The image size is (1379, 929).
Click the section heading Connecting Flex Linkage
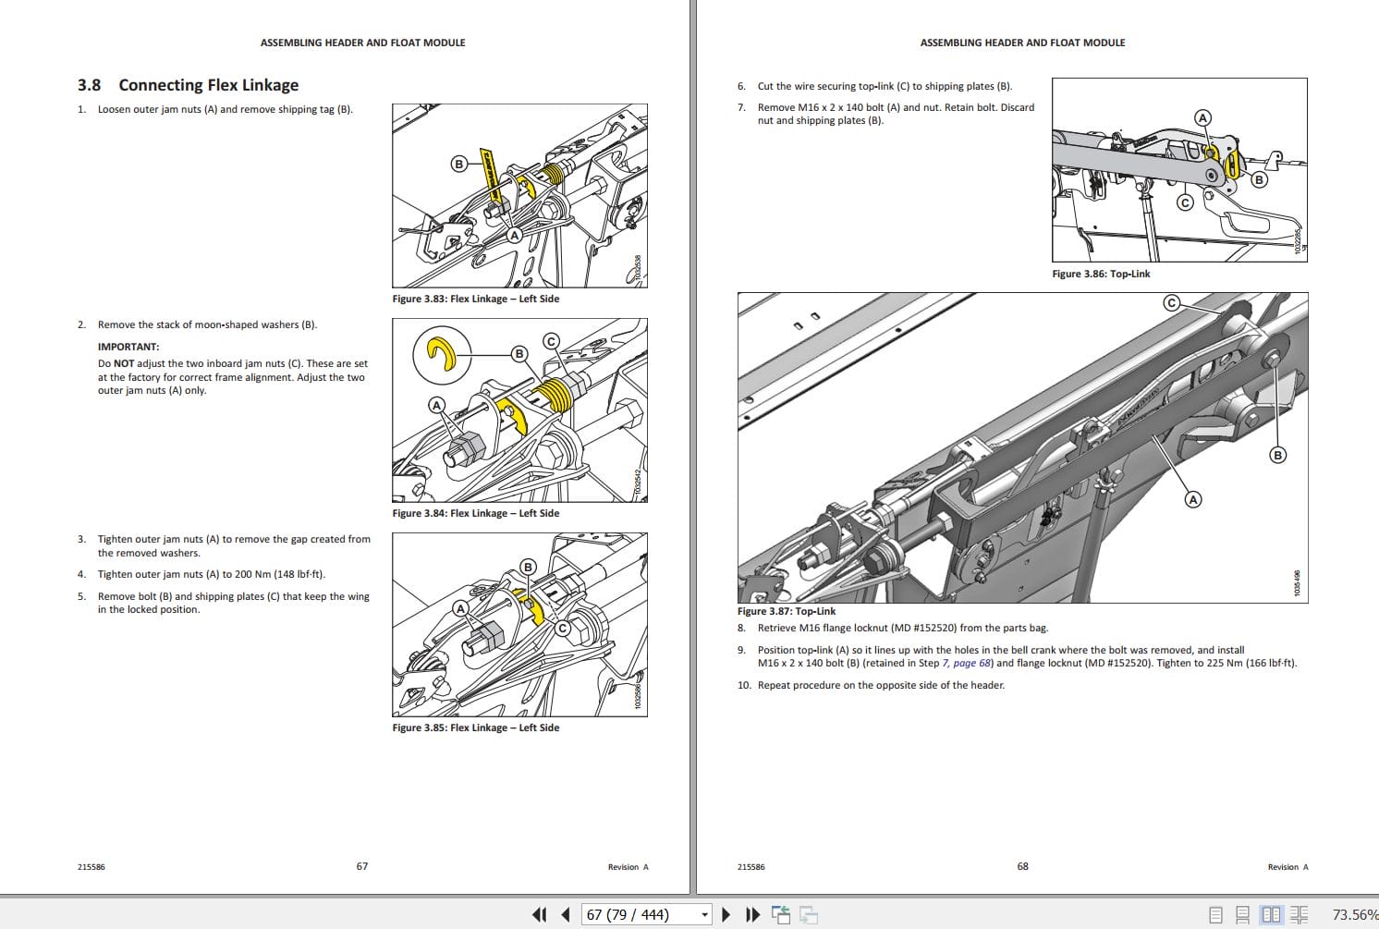[x=208, y=85]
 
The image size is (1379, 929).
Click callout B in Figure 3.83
[x=458, y=164]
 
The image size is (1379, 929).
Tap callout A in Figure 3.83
[x=515, y=235]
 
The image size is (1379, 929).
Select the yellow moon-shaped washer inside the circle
[x=442, y=354]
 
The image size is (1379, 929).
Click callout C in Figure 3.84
[x=551, y=341]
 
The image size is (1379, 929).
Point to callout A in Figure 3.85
[x=460, y=608]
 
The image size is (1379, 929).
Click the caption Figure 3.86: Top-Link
[x=1101, y=274]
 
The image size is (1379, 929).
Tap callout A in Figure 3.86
[x=1202, y=117]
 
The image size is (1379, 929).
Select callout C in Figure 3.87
[x=1172, y=303]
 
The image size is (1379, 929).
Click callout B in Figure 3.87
[x=1278, y=455]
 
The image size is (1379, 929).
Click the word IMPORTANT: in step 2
[x=128, y=347]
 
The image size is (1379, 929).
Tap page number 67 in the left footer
[x=362, y=866]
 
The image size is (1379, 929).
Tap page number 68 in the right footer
[x=1022, y=866]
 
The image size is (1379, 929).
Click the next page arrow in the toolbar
[x=726, y=914]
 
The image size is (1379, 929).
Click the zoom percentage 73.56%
[x=1354, y=914]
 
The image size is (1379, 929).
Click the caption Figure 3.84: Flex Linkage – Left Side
[x=475, y=513]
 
